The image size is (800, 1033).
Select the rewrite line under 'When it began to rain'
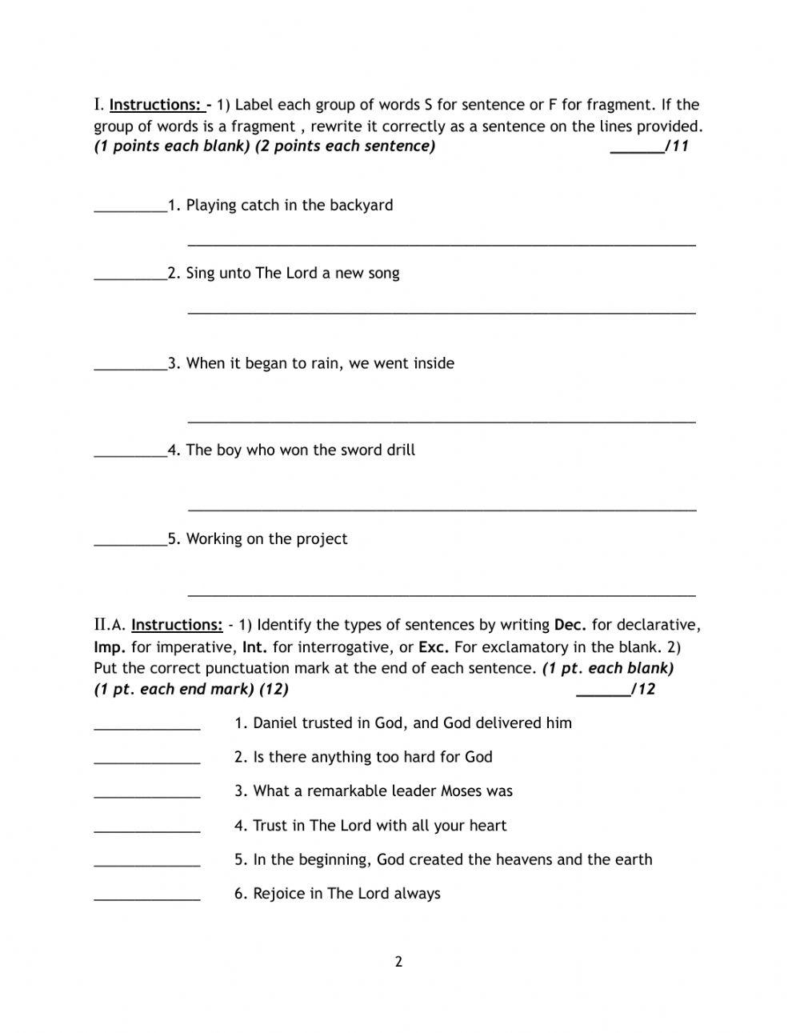point(441,418)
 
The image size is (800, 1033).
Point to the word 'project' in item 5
point(322,539)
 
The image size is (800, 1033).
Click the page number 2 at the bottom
point(398,961)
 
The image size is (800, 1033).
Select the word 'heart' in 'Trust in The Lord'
point(487,826)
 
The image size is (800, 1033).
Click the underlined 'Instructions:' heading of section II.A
point(177,625)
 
